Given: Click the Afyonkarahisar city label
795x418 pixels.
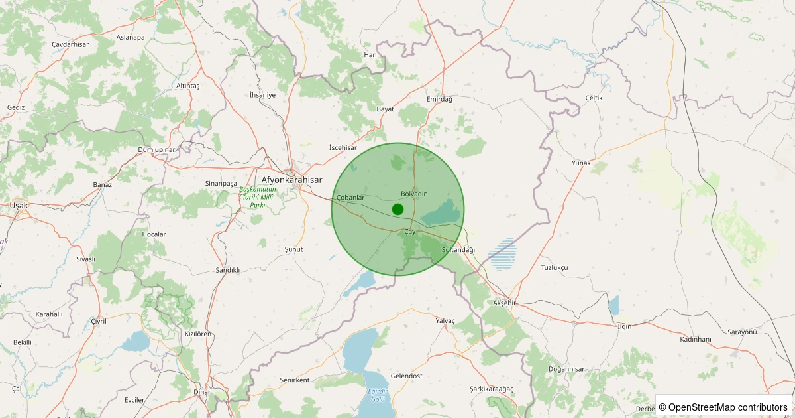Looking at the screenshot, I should [x=291, y=180].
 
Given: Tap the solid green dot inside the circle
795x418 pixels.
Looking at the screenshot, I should [x=397, y=209].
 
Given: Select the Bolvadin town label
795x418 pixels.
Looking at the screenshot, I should [x=414, y=194].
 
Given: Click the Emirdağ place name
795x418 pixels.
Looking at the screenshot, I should [x=439, y=99].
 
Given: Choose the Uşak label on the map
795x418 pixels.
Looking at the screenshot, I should [x=19, y=206].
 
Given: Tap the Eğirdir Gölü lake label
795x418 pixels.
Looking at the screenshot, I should [x=377, y=395].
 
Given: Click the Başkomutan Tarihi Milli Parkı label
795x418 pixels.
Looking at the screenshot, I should [x=258, y=197].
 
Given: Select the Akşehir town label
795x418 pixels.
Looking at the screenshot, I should [x=504, y=303].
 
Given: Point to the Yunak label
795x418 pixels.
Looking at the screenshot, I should [x=581, y=163].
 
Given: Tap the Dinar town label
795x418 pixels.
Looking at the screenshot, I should [x=201, y=391].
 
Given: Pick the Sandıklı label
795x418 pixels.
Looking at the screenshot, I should [x=227, y=270].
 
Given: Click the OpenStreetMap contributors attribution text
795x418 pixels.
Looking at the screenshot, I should [x=723, y=407].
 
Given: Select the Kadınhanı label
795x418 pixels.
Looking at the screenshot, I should [x=695, y=339].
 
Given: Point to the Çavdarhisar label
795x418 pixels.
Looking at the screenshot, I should [x=70, y=44].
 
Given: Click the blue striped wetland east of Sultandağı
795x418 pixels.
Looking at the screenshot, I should [x=503, y=254].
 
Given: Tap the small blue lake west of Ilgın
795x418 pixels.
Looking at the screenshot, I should [x=613, y=305].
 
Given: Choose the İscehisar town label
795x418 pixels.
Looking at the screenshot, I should [x=343, y=147].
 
